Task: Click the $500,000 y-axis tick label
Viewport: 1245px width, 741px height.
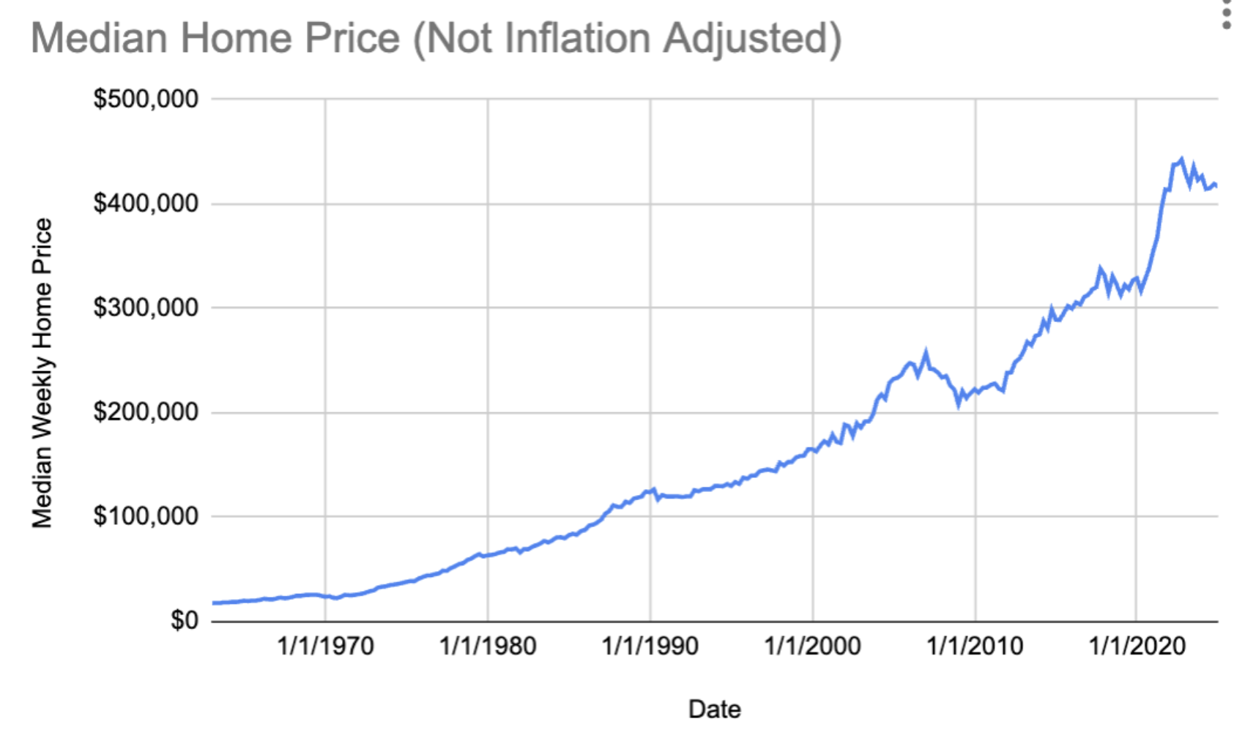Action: click(x=145, y=99)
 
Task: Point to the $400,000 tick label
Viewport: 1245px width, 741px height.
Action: click(x=145, y=203)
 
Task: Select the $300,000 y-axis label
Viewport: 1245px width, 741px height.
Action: click(x=145, y=308)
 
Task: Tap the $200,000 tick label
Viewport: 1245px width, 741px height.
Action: click(x=145, y=412)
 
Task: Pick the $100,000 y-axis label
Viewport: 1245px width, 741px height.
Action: click(x=145, y=516)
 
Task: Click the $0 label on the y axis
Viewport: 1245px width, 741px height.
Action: click(x=184, y=620)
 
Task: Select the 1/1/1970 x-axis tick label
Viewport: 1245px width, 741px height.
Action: click(x=325, y=646)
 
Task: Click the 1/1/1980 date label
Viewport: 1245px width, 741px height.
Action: click(x=488, y=646)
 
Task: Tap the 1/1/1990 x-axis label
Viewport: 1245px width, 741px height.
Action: click(x=650, y=646)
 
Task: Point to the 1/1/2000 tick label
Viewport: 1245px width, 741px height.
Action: click(x=812, y=646)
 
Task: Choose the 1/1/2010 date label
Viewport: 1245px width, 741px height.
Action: click(x=975, y=646)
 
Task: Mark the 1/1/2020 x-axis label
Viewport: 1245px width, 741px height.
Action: click(x=1137, y=646)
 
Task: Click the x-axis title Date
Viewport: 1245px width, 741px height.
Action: click(x=714, y=709)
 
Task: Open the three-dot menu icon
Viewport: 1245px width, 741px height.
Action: click(x=1227, y=15)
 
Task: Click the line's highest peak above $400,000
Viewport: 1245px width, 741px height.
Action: click(x=1181, y=159)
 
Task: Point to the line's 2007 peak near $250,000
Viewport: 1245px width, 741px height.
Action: click(x=926, y=354)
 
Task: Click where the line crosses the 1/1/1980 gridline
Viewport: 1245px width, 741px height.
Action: click(x=488, y=555)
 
